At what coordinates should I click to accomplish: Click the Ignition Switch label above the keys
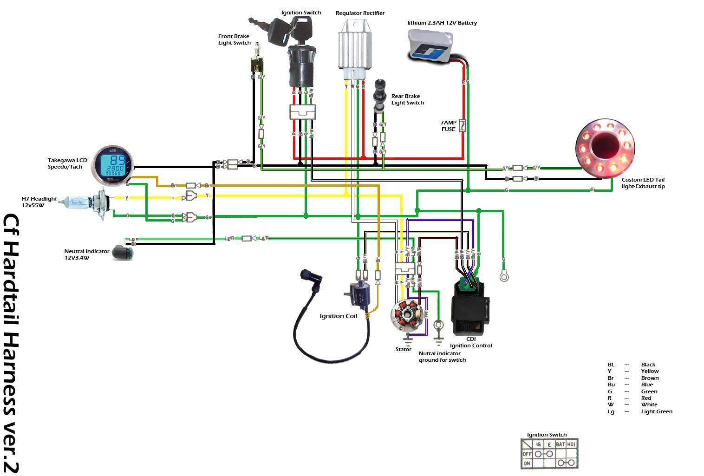[301, 13]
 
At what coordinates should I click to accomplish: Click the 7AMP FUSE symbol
[462, 125]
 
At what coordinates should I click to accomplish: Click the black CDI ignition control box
[469, 308]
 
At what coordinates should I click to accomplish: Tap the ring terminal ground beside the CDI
[504, 277]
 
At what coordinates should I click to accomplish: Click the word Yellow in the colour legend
[650, 371]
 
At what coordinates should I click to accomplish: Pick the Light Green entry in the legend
[656, 411]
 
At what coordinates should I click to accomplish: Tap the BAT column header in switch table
[561, 444]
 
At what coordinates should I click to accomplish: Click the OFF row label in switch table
[527, 454]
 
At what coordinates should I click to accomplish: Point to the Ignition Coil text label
[338, 316]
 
